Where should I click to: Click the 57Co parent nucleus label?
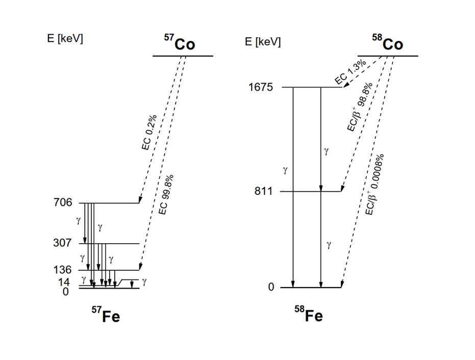(x=180, y=44)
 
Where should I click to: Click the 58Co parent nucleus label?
(x=387, y=44)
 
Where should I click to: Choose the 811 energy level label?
(x=265, y=192)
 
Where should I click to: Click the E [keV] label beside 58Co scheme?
(x=263, y=41)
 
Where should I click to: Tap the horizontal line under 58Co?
(x=388, y=56)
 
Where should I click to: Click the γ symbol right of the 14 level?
(x=144, y=281)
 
